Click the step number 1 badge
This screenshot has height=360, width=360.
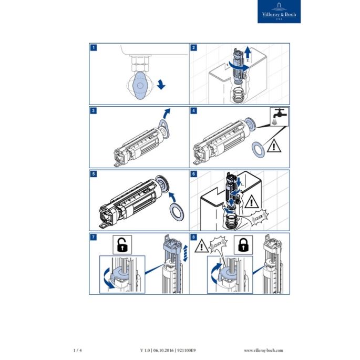pos(93,47)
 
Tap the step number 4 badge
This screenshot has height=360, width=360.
pos(194,111)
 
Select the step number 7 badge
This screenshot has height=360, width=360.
pos(93,238)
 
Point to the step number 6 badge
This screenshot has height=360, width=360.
pos(194,174)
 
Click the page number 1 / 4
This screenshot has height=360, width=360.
pos(77,350)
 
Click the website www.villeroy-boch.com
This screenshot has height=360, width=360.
pos(264,350)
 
